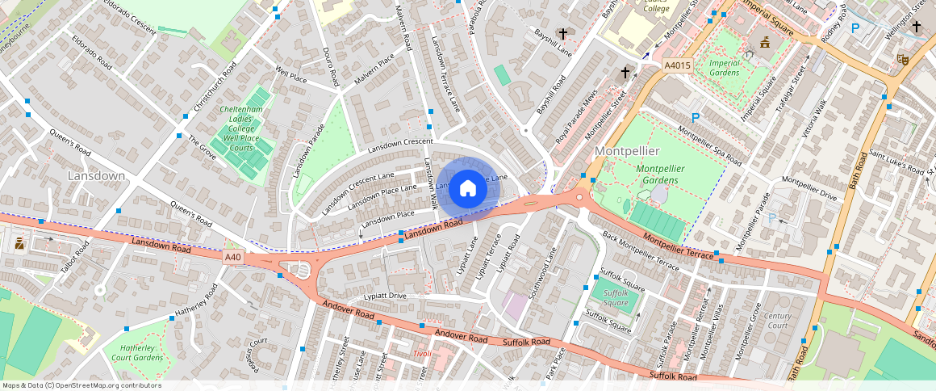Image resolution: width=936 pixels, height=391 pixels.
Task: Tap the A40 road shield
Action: pyautogui.click(x=232, y=257)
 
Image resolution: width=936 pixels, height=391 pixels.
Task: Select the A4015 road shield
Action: pyautogui.click(x=677, y=65)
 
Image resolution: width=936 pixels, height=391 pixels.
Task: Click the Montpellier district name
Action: pyautogui.click(x=628, y=151)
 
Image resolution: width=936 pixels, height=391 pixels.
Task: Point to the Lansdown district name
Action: pyautogui.click(x=96, y=175)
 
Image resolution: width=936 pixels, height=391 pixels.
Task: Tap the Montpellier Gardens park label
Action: pyautogui.click(x=661, y=174)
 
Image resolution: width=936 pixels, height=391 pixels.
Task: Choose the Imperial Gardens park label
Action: pyautogui.click(x=723, y=67)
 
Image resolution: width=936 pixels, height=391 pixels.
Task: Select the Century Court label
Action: pyautogui.click(x=778, y=321)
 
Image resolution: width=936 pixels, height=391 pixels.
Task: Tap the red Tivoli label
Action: pyautogui.click(x=421, y=354)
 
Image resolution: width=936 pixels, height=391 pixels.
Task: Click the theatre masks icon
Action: pyautogui.click(x=902, y=58)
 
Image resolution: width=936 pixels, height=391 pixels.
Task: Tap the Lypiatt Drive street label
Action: pyautogui.click(x=385, y=296)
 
